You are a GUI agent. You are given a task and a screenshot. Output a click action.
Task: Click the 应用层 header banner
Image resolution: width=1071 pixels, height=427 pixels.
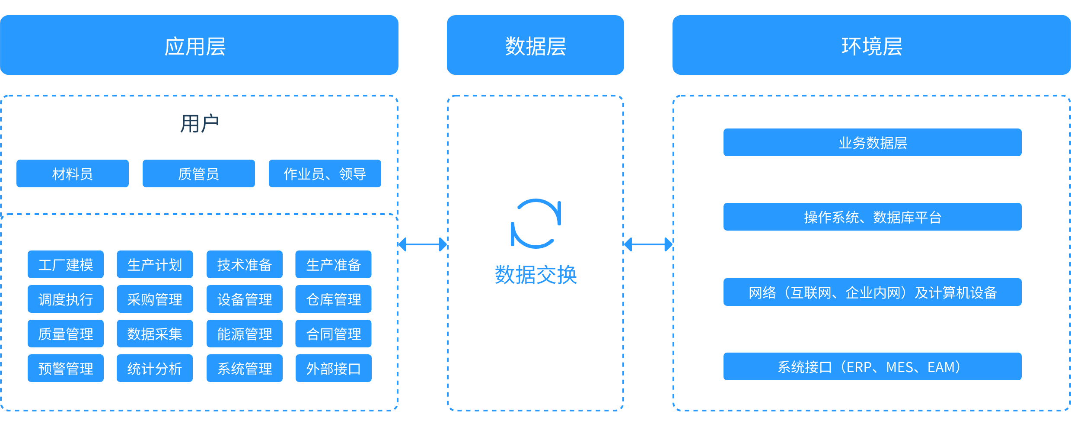point(199,45)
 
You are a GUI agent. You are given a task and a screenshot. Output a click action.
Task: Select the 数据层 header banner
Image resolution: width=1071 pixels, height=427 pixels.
point(535,45)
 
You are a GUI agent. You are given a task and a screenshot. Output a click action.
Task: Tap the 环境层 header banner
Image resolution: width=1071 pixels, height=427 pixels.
point(871,45)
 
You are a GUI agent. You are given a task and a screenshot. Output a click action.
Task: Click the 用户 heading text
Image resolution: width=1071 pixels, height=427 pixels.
point(199,124)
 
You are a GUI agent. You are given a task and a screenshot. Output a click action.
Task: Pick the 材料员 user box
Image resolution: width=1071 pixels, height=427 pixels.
point(73,173)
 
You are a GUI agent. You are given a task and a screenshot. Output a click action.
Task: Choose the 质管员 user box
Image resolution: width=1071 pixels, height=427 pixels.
point(199,173)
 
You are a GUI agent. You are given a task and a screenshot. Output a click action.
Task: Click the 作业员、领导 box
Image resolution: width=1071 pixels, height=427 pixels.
point(325,173)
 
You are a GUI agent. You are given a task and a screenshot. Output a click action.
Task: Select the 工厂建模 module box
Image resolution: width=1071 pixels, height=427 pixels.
point(66,264)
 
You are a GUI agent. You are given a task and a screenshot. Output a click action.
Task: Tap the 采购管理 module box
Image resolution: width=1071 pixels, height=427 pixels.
point(155,299)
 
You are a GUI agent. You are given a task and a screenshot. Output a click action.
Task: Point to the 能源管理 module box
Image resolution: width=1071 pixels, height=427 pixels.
point(245,334)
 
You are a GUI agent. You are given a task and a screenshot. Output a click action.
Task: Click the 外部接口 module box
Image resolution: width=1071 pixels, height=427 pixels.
point(333,368)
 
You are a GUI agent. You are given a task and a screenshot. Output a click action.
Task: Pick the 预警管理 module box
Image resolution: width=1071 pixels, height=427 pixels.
point(66,368)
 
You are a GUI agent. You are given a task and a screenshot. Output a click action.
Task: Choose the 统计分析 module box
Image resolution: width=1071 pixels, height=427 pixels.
point(155,368)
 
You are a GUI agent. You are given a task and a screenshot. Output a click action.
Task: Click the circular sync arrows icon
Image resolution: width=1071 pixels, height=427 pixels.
point(536,223)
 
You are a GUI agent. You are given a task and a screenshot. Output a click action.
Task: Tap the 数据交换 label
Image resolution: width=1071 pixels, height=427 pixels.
point(536,275)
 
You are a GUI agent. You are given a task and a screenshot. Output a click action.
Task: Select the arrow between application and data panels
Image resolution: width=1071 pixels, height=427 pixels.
point(423,244)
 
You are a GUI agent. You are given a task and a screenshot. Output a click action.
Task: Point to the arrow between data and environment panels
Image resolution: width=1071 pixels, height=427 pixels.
point(648,244)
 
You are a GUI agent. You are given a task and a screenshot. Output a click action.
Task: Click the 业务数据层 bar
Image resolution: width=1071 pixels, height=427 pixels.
point(872,142)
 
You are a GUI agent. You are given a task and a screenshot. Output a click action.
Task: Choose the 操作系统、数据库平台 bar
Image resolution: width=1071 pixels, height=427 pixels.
point(872,217)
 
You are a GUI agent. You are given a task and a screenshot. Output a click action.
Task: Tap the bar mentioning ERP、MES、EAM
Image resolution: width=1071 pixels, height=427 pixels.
point(872,366)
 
